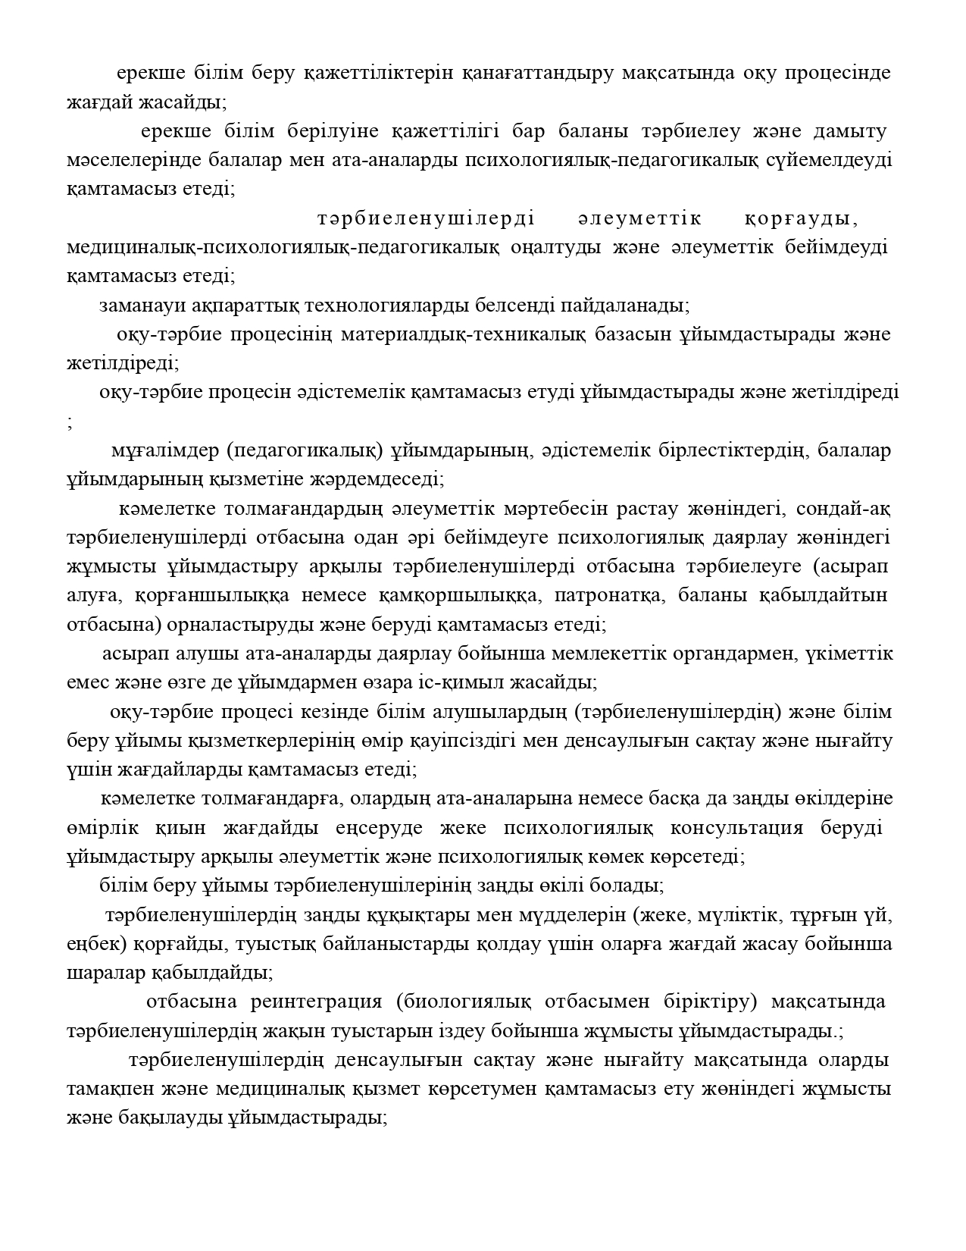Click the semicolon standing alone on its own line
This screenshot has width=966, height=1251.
point(70,423)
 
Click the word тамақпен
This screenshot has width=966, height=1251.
point(111,1089)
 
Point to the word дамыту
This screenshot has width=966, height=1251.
point(849,131)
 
